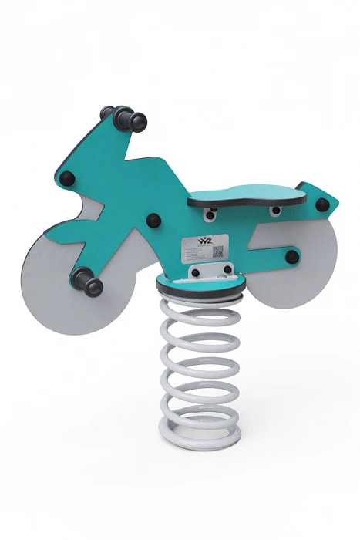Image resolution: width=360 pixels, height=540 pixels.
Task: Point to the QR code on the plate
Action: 218,251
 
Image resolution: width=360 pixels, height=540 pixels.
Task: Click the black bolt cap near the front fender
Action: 69,179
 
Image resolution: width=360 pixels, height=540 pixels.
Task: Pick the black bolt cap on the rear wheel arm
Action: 291,255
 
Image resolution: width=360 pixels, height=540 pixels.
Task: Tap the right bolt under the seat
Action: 275,210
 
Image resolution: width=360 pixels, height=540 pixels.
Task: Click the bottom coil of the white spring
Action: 198,431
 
